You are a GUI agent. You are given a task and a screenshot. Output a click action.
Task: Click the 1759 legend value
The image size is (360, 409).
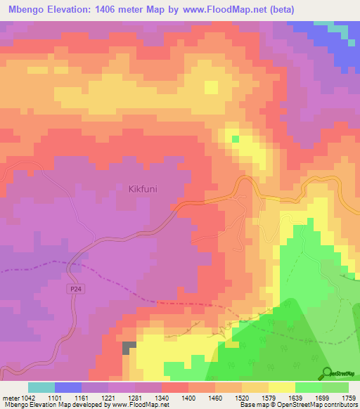pyautogui.click(x=339, y=397)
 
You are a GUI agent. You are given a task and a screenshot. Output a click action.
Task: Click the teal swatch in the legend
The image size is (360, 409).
pyautogui.click(x=41, y=387)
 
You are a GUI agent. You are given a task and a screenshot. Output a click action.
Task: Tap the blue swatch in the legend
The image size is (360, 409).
pyautogui.click(x=68, y=387)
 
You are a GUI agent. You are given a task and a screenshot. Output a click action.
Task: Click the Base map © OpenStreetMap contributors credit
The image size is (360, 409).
pyautogui.click(x=297, y=405)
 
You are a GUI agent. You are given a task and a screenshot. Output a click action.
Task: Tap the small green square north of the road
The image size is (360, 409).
pyautogui.click(x=235, y=139)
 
